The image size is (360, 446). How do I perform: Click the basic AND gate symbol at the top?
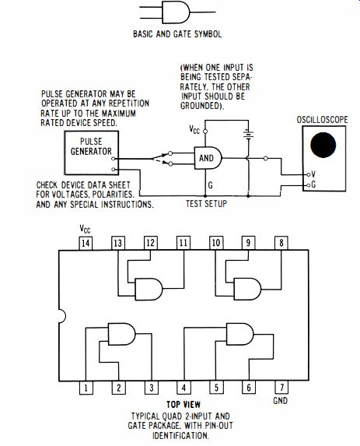click(176, 12)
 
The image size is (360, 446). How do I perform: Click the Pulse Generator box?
click(91, 153)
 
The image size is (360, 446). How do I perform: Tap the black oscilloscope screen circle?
click(323, 145)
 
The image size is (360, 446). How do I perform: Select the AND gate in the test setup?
click(208, 158)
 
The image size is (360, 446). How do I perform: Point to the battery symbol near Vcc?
click(248, 134)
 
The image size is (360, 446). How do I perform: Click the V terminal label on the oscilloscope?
click(313, 174)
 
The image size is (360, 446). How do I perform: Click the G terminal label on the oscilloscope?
click(313, 184)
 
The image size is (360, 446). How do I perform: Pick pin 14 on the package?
click(86, 243)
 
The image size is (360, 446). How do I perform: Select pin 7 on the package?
click(281, 388)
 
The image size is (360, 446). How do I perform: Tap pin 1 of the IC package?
click(86, 388)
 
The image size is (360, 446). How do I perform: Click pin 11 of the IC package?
click(183, 243)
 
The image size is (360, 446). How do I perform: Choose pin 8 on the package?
click(281, 243)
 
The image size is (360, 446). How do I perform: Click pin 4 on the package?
click(183, 388)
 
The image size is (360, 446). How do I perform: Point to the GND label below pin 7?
click(280, 401)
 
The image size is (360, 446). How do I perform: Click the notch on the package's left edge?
click(62, 316)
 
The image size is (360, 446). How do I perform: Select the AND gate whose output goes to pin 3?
click(121, 334)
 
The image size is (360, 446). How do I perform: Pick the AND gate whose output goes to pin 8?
click(247, 289)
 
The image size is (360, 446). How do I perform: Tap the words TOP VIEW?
click(183, 404)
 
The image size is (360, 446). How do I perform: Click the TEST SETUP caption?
click(206, 204)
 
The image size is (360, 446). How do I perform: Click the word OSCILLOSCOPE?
click(322, 119)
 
